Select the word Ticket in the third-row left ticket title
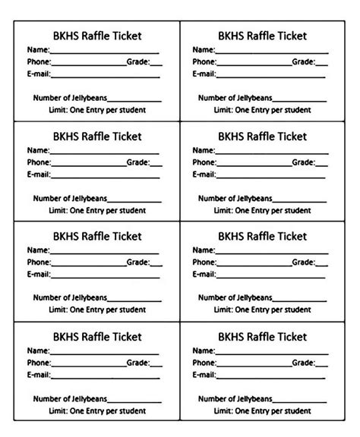click(x=126, y=237)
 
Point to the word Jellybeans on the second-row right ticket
click(x=252, y=199)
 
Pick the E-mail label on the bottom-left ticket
click(x=39, y=375)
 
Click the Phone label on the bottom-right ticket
click(x=204, y=363)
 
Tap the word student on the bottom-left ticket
click(x=131, y=410)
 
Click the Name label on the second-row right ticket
click(x=204, y=150)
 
